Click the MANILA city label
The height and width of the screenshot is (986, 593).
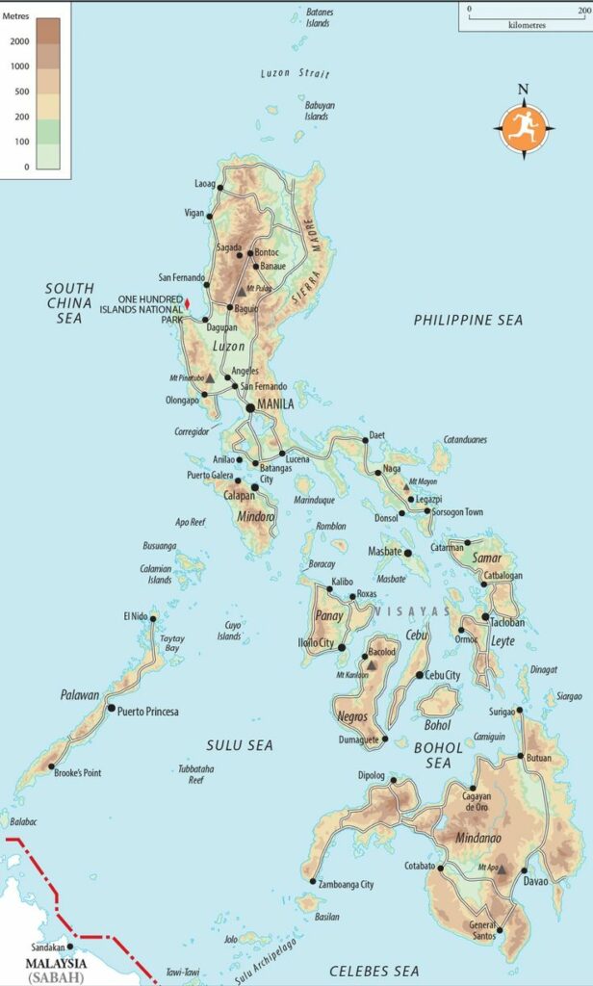276,404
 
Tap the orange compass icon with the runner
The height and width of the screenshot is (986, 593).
524,126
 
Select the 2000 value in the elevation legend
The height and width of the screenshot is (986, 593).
20,42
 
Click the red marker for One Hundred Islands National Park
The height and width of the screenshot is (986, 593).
188,304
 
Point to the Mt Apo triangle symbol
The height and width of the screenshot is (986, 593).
502,868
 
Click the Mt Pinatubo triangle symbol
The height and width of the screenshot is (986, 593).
210,378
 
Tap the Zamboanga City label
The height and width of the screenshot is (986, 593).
346,884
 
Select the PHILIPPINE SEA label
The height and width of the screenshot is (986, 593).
468,320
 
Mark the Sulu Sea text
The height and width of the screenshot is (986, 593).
240,744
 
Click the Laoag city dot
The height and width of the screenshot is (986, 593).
220,187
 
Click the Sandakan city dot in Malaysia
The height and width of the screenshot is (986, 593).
68,947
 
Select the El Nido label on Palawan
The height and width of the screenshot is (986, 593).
137,616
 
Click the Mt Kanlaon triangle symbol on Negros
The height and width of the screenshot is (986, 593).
371,664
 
